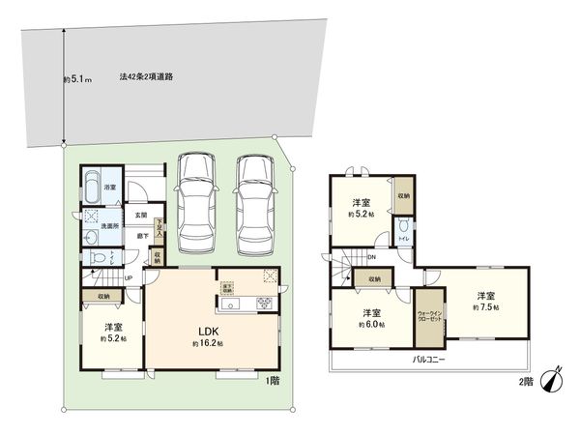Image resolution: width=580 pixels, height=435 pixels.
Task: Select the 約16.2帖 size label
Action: click(x=207, y=344)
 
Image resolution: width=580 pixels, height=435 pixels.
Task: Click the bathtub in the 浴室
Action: click(x=93, y=183)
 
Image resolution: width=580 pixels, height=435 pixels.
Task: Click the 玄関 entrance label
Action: click(x=140, y=215)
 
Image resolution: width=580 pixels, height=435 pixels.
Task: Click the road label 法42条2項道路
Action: click(x=146, y=74)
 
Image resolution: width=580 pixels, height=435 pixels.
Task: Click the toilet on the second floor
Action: click(x=401, y=228)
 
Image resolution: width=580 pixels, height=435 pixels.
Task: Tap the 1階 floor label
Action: click(x=273, y=379)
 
